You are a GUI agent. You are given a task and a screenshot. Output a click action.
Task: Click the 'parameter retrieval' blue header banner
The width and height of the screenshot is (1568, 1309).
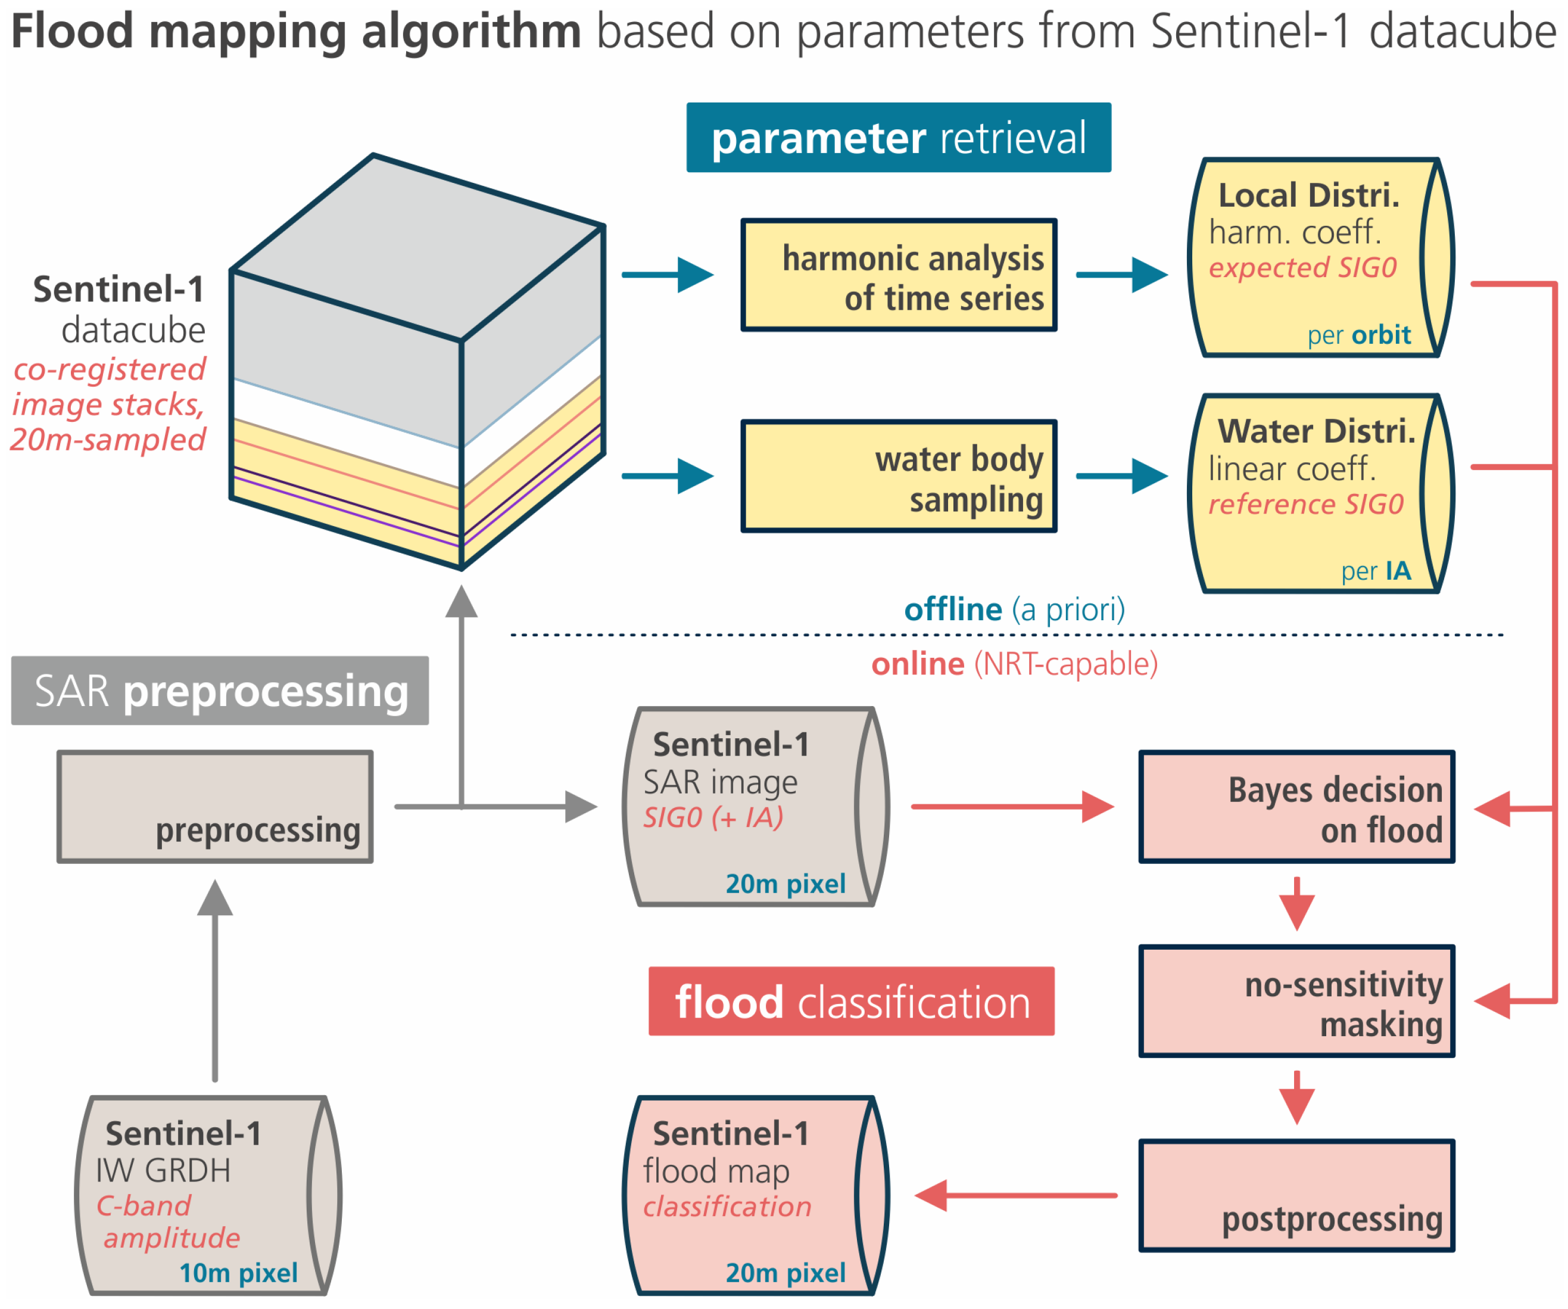click(x=898, y=138)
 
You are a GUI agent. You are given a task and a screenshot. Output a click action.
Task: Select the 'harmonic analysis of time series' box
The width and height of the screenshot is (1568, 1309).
click(x=898, y=275)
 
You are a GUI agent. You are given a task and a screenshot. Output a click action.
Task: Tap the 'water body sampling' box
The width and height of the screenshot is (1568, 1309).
click(x=898, y=476)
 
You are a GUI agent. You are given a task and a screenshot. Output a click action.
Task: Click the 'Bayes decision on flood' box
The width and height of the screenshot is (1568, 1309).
click(x=1296, y=807)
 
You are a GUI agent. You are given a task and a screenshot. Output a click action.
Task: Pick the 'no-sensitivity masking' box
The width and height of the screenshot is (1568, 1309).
click(x=1296, y=1001)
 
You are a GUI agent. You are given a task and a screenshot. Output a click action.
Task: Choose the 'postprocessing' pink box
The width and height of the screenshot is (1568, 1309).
click(x=1296, y=1195)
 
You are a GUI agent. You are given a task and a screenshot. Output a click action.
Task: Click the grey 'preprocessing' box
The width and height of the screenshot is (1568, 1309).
click(x=215, y=807)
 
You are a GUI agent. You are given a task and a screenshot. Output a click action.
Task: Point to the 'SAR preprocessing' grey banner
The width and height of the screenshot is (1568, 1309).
click(x=220, y=691)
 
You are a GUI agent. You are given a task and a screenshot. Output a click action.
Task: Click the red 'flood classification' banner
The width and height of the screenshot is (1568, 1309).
click(x=851, y=1001)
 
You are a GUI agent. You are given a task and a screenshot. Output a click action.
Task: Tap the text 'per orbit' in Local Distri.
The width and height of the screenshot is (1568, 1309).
click(x=1358, y=335)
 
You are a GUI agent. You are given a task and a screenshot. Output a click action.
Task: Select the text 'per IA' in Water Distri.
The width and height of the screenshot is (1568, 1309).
click(x=1376, y=571)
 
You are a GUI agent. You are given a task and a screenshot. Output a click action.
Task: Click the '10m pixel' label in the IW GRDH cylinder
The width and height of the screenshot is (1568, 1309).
click(x=238, y=1273)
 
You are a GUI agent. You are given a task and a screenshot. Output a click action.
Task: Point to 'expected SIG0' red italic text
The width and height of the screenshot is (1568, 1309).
click(x=1302, y=268)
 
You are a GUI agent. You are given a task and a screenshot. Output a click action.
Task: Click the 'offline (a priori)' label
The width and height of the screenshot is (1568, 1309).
click(x=1014, y=610)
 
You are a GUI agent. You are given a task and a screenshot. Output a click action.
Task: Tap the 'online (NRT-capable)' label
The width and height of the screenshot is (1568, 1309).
click(x=1014, y=664)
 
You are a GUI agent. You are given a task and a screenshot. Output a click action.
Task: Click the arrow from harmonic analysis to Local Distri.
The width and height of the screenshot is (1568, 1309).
click(x=1121, y=275)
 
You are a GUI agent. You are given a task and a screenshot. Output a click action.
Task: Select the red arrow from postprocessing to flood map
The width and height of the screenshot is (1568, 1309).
click(x=1015, y=1195)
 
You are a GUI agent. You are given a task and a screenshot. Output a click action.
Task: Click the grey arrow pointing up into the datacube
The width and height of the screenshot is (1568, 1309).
click(x=462, y=695)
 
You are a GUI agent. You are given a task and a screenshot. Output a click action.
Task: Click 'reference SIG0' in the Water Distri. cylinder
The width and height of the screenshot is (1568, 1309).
click(x=1305, y=504)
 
